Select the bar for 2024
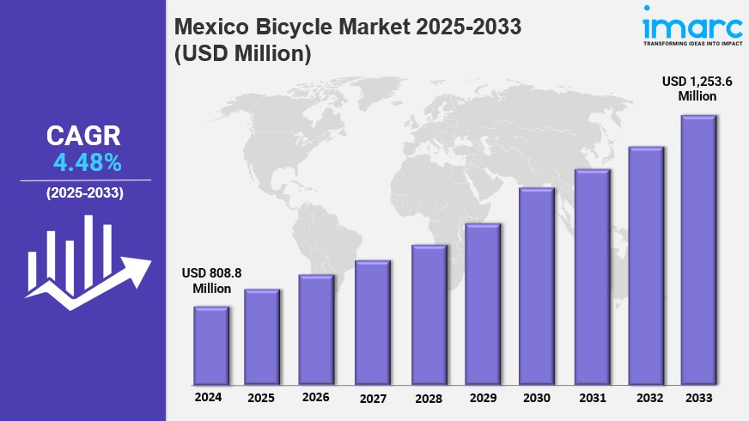coord(210,345)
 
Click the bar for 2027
coord(373,322)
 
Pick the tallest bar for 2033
coord(698,250)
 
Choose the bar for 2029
coord(482,304)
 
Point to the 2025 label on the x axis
coord(261,398)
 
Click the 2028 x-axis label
coord(428,398)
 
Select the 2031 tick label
coord(593,398)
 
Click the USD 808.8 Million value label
coord(211,281)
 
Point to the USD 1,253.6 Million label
coord(697,88)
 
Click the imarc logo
coord(691,23)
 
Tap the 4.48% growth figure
coord(87,162)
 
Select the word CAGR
coord(83,136)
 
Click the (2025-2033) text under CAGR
coord(85,192)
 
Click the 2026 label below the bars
coord(316,397)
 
